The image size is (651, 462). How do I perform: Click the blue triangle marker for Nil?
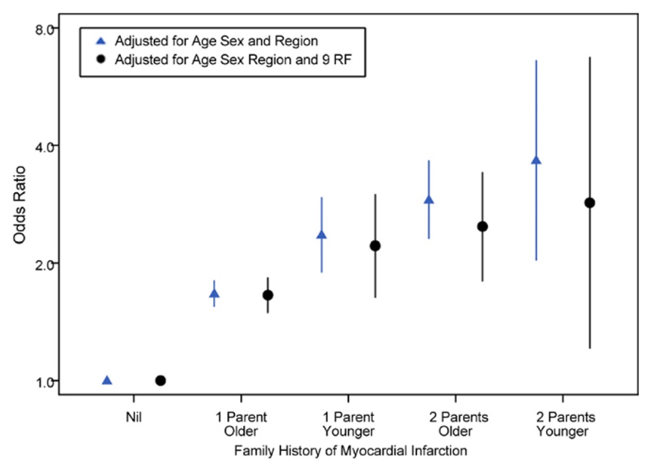107,380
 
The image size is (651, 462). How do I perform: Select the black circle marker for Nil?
161,380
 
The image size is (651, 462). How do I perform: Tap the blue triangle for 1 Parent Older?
214,294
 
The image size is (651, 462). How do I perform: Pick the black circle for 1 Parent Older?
268,295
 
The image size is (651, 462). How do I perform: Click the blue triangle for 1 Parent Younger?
321,235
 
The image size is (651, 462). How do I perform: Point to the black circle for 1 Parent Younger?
375,246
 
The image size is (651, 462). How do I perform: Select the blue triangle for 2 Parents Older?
429,200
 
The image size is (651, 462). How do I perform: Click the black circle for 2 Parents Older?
482,227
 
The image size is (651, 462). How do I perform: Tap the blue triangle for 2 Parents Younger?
536,160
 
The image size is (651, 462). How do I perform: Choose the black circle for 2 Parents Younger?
590,203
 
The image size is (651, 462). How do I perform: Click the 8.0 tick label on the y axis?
44,29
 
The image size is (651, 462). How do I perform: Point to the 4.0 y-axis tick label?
44,147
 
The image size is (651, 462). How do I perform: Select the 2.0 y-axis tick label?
44,265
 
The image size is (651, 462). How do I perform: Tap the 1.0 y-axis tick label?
44,382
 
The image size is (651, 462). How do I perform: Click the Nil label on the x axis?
133,417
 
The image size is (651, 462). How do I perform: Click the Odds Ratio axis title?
20,205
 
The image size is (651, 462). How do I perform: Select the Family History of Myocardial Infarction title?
350,451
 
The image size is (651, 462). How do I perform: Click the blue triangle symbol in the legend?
101,41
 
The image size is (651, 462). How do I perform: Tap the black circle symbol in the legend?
101,60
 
